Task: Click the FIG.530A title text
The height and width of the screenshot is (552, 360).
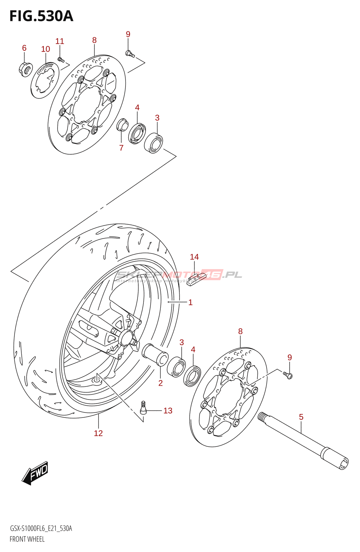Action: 41,16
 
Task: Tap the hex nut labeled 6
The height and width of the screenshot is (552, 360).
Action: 26,69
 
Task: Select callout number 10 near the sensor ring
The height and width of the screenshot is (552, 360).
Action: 46,49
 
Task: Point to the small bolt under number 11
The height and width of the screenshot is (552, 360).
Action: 61,60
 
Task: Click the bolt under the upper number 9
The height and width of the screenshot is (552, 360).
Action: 130,53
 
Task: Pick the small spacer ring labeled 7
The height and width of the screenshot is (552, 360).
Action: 122,125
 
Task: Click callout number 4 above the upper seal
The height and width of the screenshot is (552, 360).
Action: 137,108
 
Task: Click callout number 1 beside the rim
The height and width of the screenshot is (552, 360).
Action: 190,303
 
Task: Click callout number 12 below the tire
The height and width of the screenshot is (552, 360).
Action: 98,433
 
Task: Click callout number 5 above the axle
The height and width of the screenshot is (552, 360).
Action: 301,417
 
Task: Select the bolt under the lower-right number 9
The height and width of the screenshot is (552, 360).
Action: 288,375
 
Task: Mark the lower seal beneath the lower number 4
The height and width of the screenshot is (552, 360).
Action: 192,376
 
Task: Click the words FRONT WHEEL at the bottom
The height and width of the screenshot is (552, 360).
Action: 27,539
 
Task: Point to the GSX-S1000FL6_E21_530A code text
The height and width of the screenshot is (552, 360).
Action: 41,529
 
